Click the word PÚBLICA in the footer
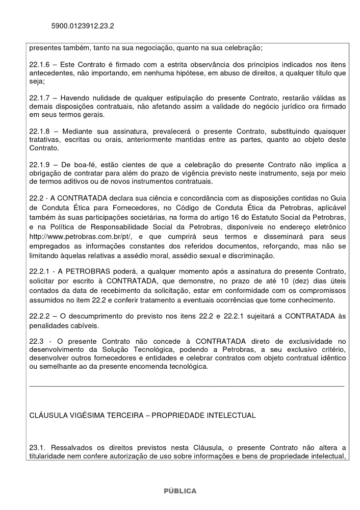[x=179, y=491]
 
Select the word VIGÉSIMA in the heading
[x=86, y=416]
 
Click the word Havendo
[x=79, y=98]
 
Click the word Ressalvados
[x=75, y=447]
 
